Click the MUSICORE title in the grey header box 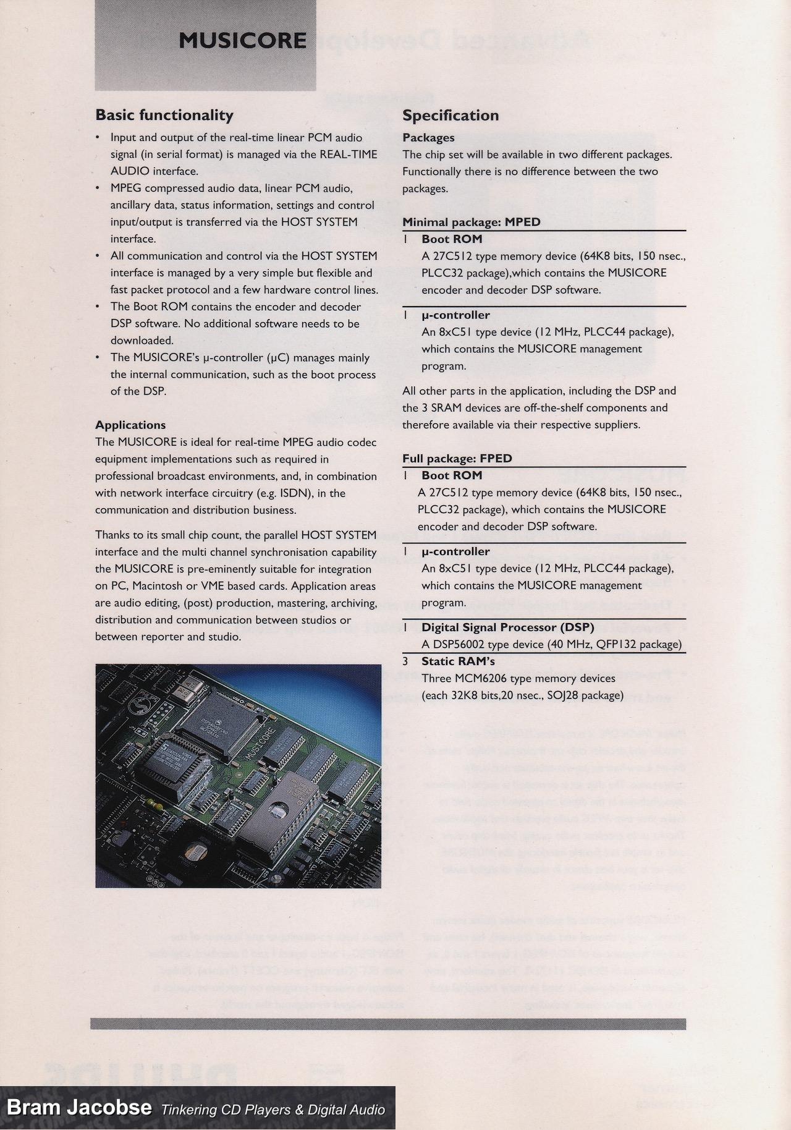point(242,41)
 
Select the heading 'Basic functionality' point(164,115)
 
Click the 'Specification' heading point(450,116)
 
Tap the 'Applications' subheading point(130,425)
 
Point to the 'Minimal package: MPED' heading point(471,222)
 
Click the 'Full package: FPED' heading point(457,458)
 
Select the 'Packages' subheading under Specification point(428,137)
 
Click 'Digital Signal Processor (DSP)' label point(507,627)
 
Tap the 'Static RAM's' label point(458,661)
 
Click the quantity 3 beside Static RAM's point(405,661)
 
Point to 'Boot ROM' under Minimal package point(452,239)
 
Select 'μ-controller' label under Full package point(455,551)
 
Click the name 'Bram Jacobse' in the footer point(79,1106)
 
